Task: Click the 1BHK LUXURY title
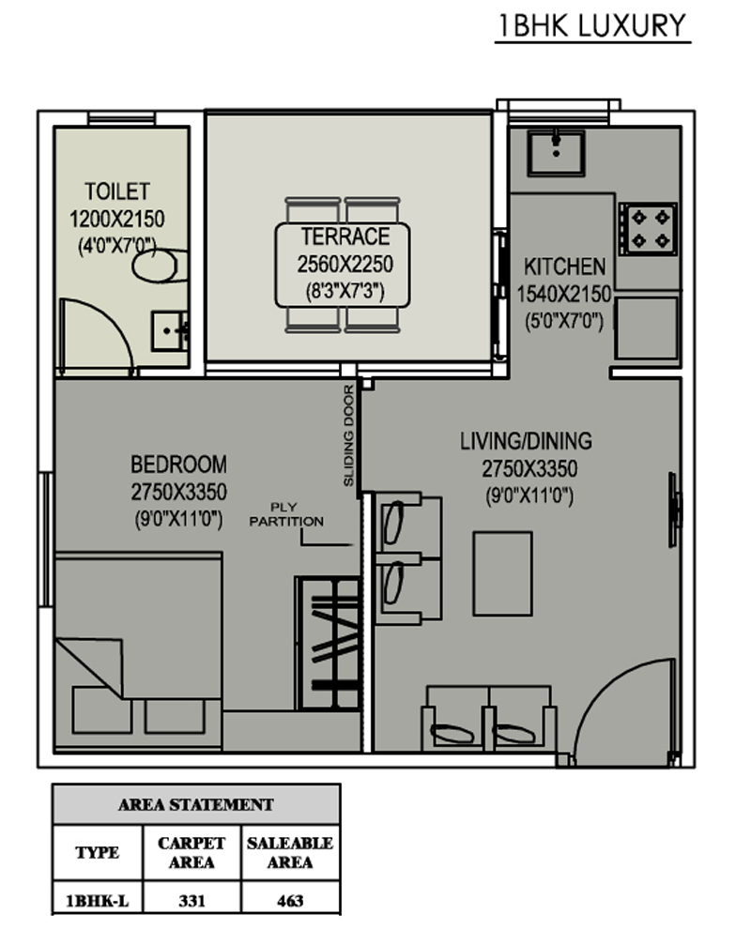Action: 592,26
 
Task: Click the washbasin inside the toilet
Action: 170,331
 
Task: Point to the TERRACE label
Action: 345,236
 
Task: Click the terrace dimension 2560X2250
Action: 345,265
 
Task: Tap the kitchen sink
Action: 556,153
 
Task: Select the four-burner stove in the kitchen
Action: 648,229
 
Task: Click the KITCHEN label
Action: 565,267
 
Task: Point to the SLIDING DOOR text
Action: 348,435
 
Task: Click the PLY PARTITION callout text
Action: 286,514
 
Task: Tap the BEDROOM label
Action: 178,464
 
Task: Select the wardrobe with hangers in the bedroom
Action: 329,644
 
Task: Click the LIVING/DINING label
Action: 527,441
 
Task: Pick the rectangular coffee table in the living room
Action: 502,573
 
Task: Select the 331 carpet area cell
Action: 192,901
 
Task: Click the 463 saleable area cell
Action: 290,901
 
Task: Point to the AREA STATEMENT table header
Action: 196,804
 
